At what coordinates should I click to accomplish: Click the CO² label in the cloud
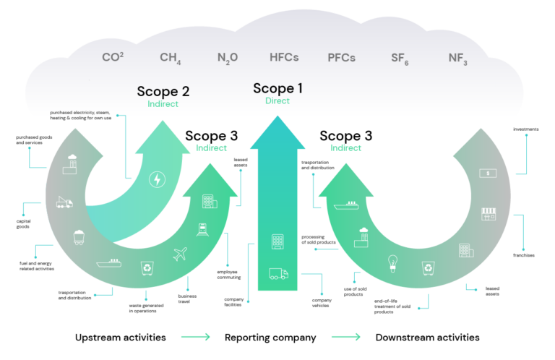click(x=111, y=56)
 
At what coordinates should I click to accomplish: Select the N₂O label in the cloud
click(x=227, y=58)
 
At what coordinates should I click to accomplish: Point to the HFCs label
click(x=283, y=57)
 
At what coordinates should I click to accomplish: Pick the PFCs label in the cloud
click(x=341, y=58)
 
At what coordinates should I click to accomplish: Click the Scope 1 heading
click(x=277, y=88)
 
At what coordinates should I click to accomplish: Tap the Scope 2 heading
click(x=163, y=92)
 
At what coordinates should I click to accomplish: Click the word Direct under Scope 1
click(x=277, y=101)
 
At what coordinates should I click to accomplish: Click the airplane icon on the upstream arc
click(x=181, y=254)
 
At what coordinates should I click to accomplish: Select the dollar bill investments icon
click(x=489, y=173)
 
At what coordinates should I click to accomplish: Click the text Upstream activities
click(x=121, y=338)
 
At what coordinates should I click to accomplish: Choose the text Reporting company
click(x=271, y=338)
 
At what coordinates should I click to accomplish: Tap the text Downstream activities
click(x=427, y=338)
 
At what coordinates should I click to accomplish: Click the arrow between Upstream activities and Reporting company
click(x=195, y=338)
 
